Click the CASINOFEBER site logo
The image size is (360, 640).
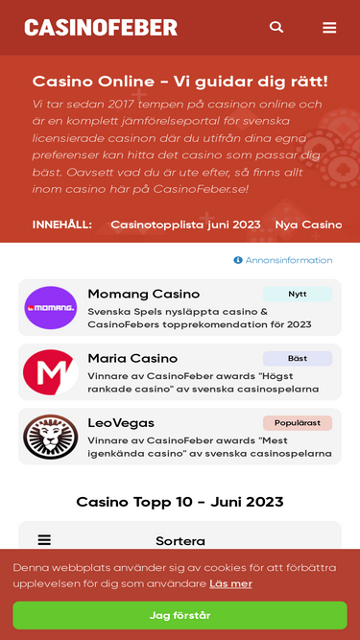pyautogui.click(x=101, y=28)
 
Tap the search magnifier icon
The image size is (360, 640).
pyautogui.click(x=276, y=27)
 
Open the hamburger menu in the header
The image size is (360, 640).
pyautogui.click(x=329, y=28)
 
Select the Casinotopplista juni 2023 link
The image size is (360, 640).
pyautogui.click(x=185, y=225)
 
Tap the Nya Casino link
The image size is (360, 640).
pyautogui.click(x=308, y=225)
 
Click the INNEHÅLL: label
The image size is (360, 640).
pyautogui.click(x=62, y=225)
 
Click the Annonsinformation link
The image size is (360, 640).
pyautogui.click(x=283, y=260)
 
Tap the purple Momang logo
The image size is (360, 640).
pyautogui.click(x=50, y=308)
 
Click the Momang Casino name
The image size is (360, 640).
pyautogui.click(x=143, y=294)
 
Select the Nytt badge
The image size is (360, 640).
pyautogui.click(x=298, y=295)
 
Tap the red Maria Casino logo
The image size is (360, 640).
pyautogui.click(x=50, y=372)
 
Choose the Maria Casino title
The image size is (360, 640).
pyautogui.click(x=132, y=358)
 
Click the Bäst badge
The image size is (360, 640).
pyautogui.click(x=298, y=359)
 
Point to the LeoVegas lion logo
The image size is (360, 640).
pyautogui.click(x=50, y=437)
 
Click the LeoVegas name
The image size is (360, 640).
pyautogui.click(x=121, y=422)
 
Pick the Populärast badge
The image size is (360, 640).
pyautogui.click(x=298, y=423)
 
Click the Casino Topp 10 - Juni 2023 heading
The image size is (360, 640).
pyautogui.click(x=180, y=502)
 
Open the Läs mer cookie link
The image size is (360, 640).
pyautogui.click(x=230, y=583)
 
